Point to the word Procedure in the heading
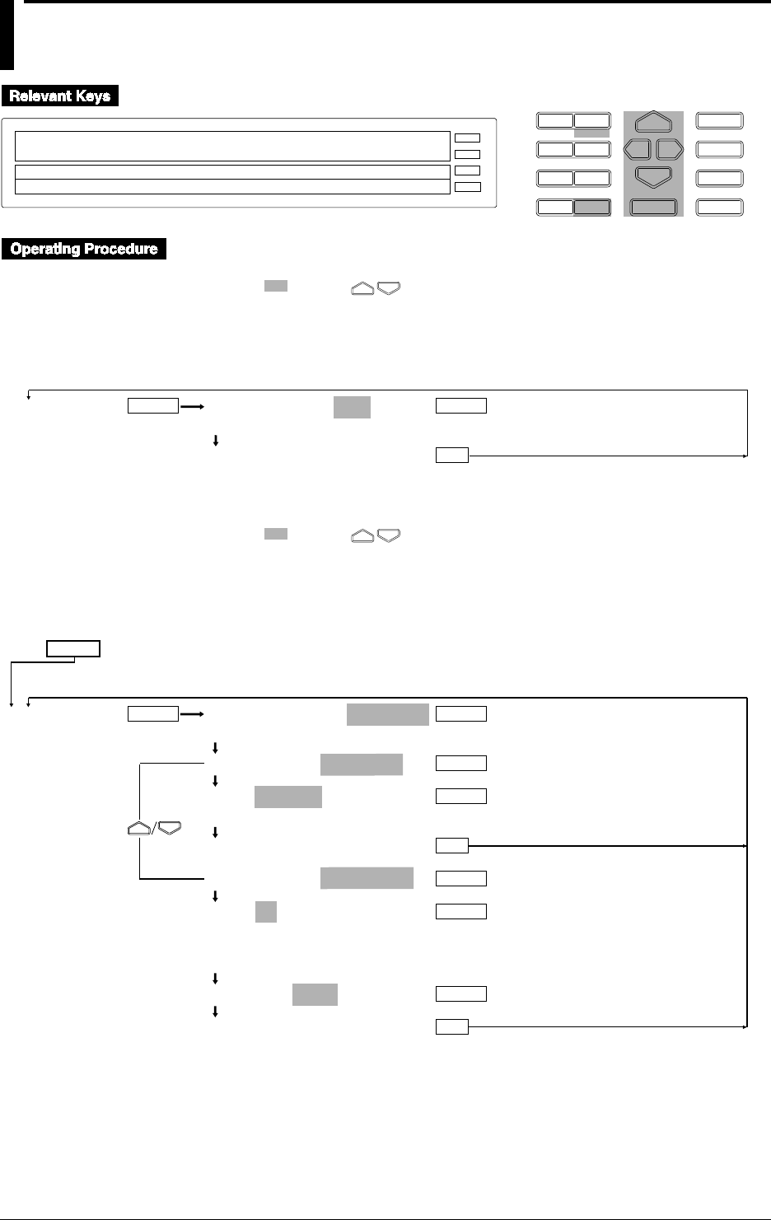(123, 249)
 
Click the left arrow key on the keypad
(637, 150)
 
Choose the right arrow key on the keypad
(670, 150)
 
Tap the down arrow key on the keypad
(653, 177)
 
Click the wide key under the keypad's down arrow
(653, 207)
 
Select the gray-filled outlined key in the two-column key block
(592, 207)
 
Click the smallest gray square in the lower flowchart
(265, 911)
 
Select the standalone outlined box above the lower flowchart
(73, 648)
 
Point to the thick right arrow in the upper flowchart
(191, 406)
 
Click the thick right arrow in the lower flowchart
(191, 714)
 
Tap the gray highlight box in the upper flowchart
(352, 406)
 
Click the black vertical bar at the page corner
(7, 35)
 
